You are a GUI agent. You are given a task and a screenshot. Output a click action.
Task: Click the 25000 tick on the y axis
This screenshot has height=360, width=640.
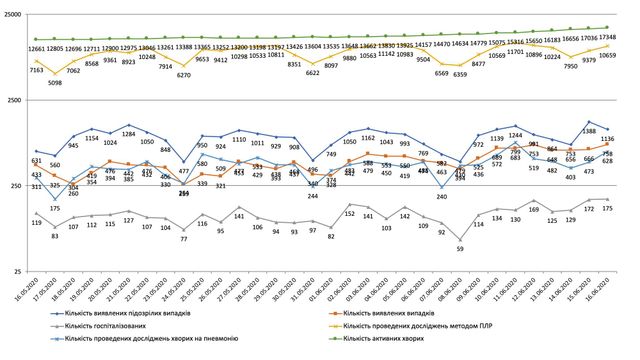point(13,13)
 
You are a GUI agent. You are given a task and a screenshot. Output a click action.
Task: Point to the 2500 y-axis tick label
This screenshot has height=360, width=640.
point(15,99)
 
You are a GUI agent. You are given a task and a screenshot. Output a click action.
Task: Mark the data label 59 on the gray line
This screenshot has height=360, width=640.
point(460,249)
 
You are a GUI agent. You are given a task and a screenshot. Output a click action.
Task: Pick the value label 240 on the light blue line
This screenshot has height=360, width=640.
point(441,197)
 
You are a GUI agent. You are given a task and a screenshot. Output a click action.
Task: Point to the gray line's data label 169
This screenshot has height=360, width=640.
point(534,209)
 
